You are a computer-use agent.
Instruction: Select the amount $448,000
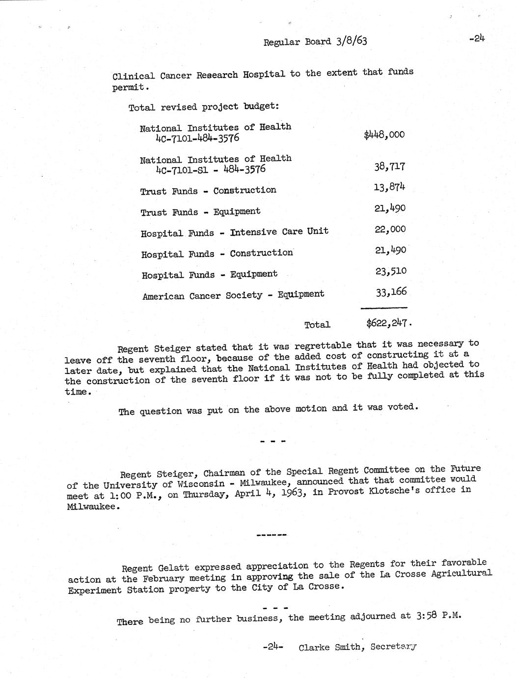pyautogui.click(x=384, y=135)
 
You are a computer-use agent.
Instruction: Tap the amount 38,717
pyautogui.click(x=390, y=167)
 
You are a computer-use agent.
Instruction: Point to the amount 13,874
pyautogui.click(x=390, y=187)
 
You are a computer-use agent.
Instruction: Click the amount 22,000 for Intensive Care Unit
pyautogui.click(x=390, y=229)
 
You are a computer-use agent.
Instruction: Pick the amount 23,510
pyautogui.click(x=391, y=271)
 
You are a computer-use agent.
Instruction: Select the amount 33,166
pyautogui.click(x=391, y=292)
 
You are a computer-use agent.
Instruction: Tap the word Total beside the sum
pyautogui.click(x=317, y=325)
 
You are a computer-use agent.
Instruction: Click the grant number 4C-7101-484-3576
pyautogui.click(x=197, y=138)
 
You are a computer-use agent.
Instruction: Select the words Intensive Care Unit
pyautogui.click(x=279, y=231)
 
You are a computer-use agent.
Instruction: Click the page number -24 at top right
pyautogui.click(x=476, y=39)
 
